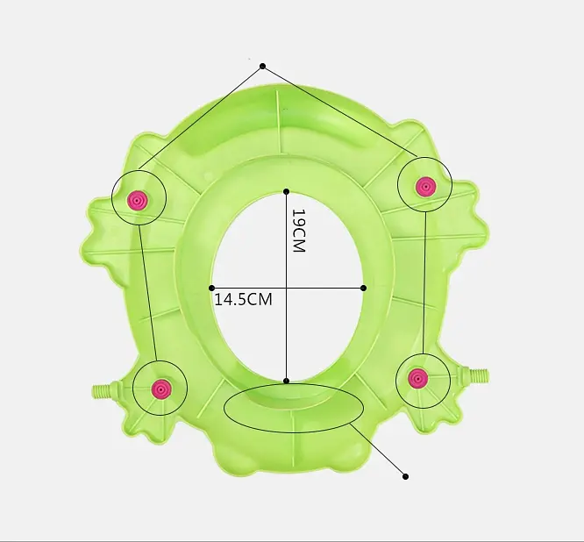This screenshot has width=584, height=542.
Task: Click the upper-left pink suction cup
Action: click(x=138, y=201)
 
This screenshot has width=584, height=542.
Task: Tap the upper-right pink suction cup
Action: click(x=425, y=186)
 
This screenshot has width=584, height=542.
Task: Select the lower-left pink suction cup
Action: click(x=160, y=389)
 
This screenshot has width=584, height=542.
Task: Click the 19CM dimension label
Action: click(x=299, y=231)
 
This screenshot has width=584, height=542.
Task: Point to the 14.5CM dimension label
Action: click(x=244, y=299)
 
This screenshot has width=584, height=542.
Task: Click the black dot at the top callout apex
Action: click(x=262, y=67)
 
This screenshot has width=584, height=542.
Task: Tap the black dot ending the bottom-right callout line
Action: click(x=406, y=476)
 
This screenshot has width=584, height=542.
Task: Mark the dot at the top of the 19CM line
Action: click(x=286, y=191)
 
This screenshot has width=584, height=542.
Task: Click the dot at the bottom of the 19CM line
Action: click(x=286, y=381)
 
